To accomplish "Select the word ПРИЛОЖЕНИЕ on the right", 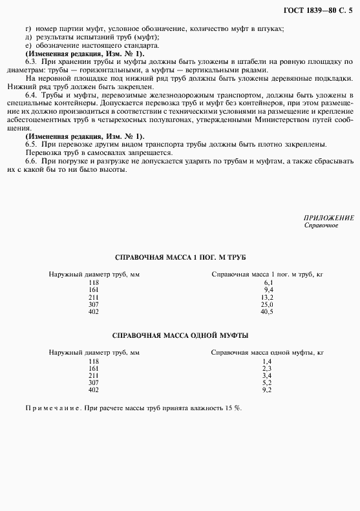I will point(328,218).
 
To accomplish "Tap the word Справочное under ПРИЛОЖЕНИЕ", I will point(320,225).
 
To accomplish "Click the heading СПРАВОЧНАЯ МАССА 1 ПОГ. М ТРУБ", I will point(180,256).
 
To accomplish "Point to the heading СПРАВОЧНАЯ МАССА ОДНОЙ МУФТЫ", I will point(180,335).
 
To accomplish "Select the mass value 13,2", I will point(267,297).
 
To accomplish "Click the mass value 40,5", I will point(267,311).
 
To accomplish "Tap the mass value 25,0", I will point(267,304).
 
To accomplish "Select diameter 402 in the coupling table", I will point(94,390).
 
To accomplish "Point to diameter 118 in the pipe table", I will point(94,283).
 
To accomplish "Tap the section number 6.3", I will point(30,61).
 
